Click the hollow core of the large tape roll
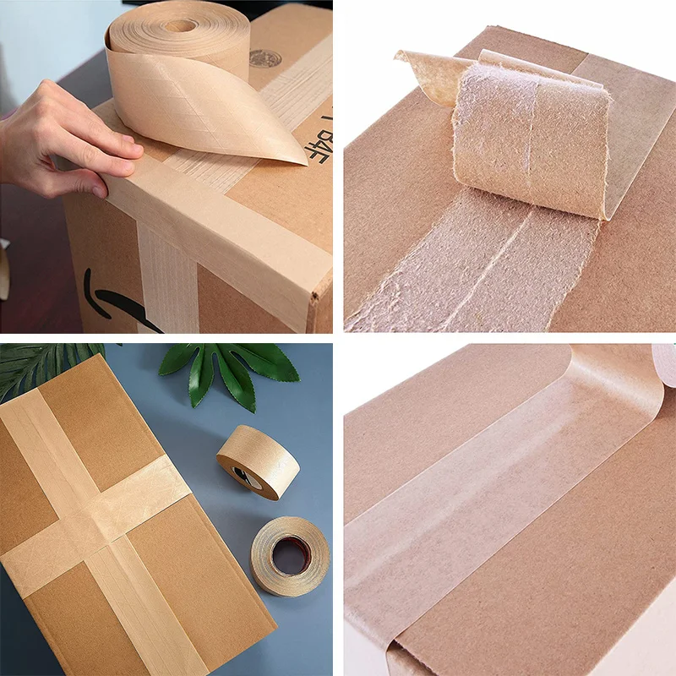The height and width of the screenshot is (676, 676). point(179,25)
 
